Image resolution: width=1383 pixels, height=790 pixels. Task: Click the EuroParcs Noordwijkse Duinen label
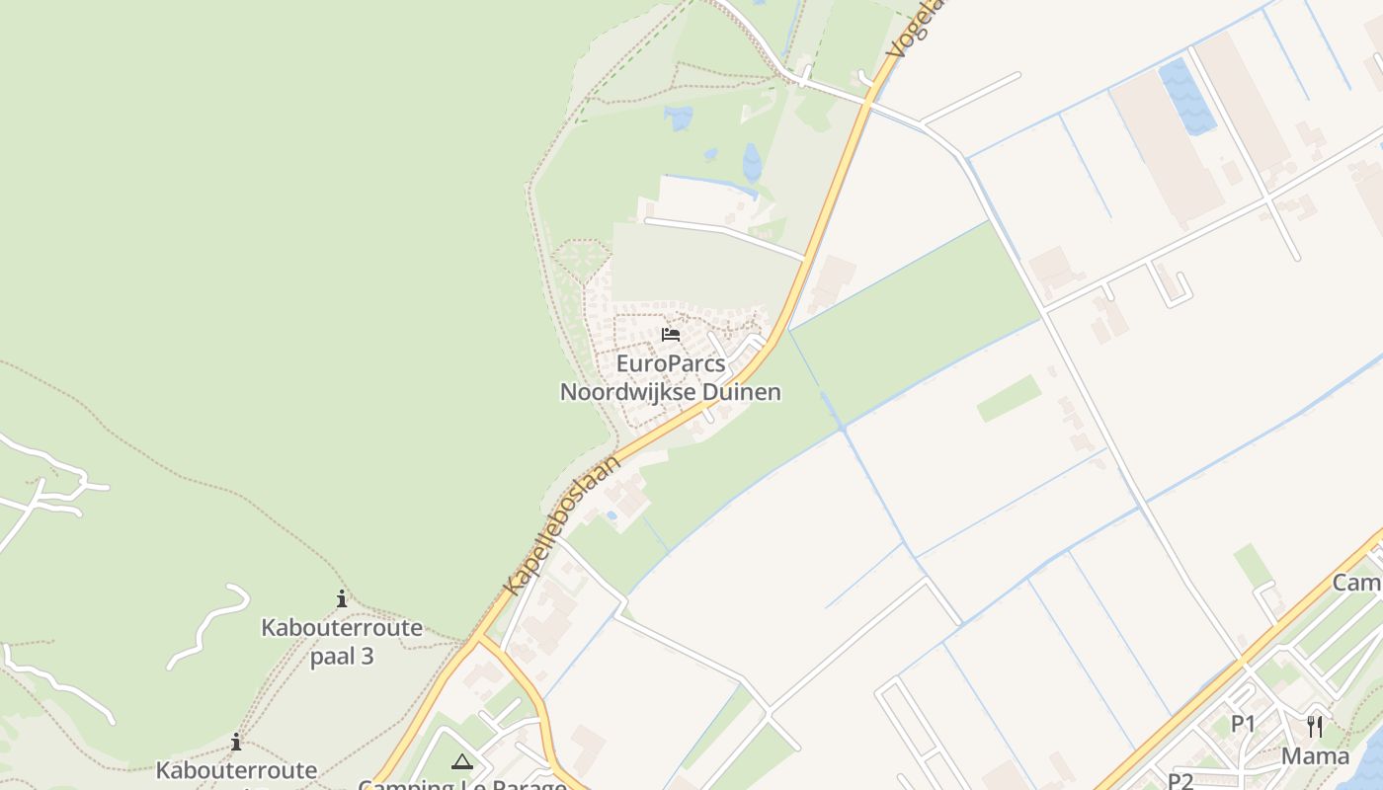tap(671, 378)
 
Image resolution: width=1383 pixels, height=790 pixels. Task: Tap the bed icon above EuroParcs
tap(671, 334)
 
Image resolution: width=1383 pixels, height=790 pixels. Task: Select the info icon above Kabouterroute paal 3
tap(342, 598)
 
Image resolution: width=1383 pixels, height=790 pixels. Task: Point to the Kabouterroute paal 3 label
tap(342, 641)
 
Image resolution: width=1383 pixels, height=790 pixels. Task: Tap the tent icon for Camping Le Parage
tap(461, 761)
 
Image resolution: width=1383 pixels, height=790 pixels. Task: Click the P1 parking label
tap(1243, 724)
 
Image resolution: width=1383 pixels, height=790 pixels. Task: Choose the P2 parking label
tap(1180, 780)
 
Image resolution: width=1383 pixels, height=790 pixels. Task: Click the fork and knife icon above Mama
tap(1315, 727)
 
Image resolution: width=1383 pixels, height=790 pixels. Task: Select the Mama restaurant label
tap(1315, 756)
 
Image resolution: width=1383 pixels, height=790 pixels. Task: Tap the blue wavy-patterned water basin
tap(1186, 97)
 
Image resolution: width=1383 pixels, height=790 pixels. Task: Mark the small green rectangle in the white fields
tap(1009, 398)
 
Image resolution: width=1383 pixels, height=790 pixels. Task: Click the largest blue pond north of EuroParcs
tap(753, 163)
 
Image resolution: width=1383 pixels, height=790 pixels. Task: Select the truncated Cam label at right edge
tap(1357, 583)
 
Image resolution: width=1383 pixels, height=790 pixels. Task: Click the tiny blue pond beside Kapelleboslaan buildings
tap(611, 515)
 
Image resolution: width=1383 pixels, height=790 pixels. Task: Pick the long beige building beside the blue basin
tap(1167, 148)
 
